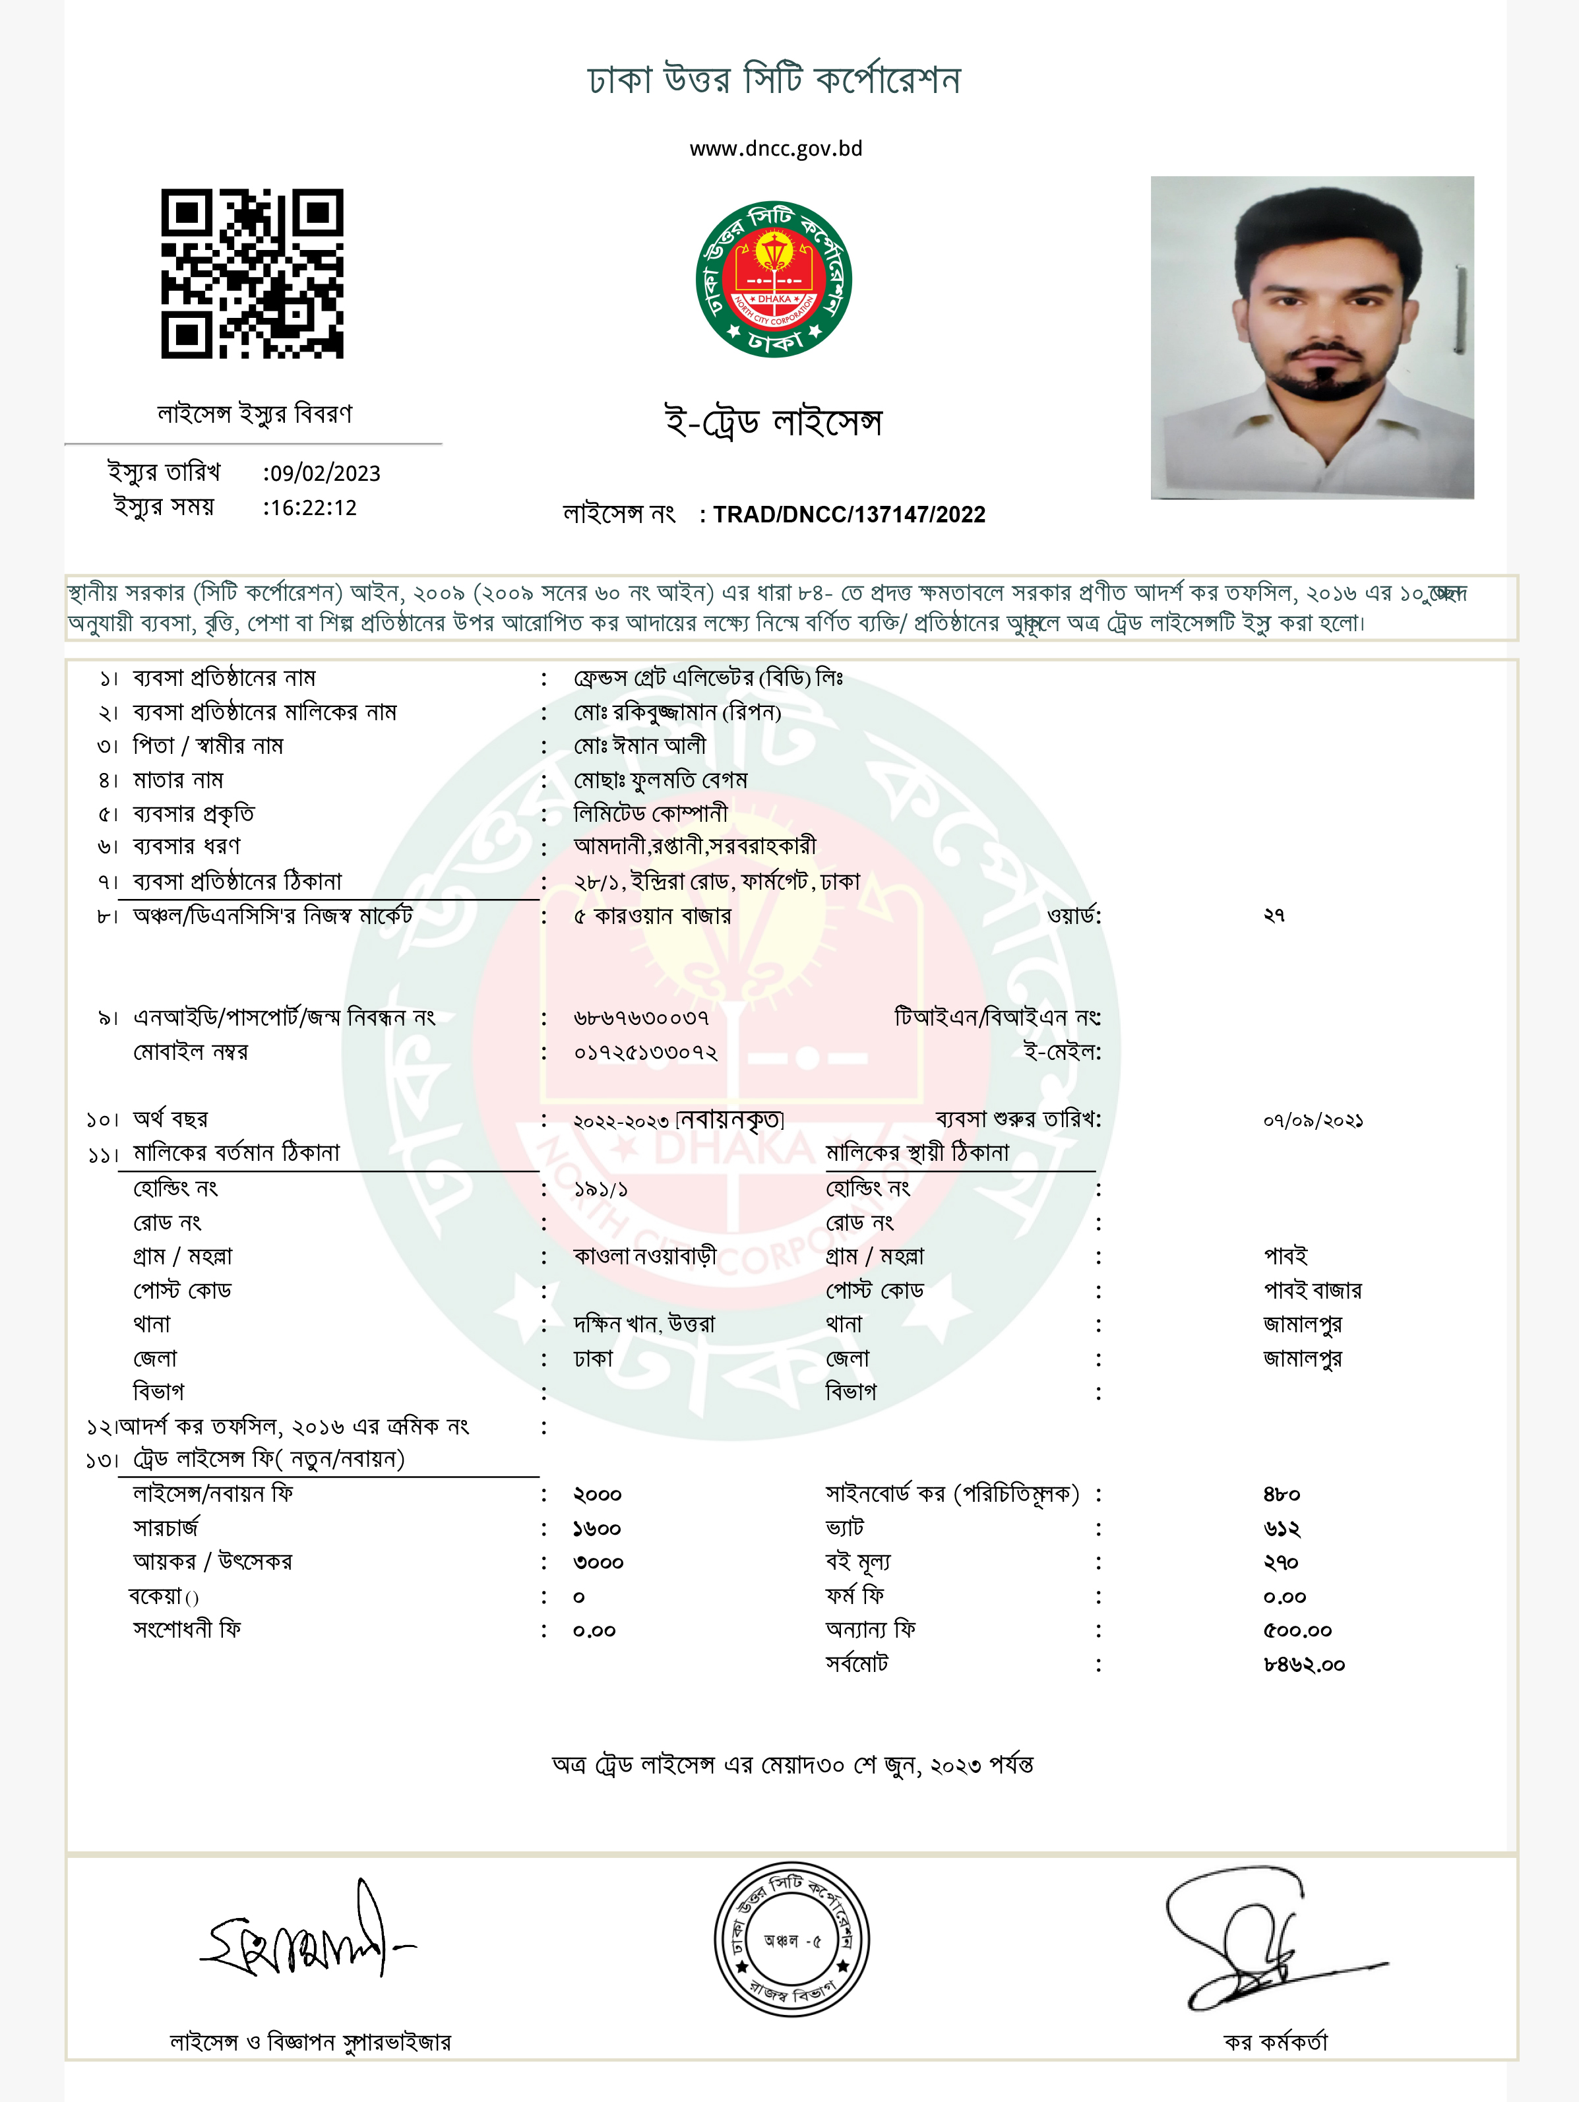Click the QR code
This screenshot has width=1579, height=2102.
[x=252, y=274]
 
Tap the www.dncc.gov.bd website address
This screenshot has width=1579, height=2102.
[x=775, y=149]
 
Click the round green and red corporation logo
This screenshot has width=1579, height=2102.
[x=774, y=280]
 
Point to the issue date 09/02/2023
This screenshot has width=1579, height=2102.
[x=324, y=474]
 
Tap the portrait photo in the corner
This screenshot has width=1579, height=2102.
[x=1311, y=337]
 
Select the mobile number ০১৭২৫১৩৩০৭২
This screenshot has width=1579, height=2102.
[x=645, y=1053]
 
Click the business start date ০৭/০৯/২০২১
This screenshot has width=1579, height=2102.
[x=1313, y=1121]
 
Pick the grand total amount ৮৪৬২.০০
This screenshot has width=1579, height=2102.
[x=1303, y=1665]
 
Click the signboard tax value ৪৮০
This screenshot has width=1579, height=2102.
[x=1282, y=1495]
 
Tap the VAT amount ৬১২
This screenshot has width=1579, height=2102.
[x=1282, y=1529]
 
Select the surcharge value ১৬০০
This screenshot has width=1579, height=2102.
[x=597, y=1529]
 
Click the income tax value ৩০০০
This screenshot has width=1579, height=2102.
[x=598, y=1563]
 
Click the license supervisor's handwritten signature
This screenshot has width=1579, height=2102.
[x=304, y=1933]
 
